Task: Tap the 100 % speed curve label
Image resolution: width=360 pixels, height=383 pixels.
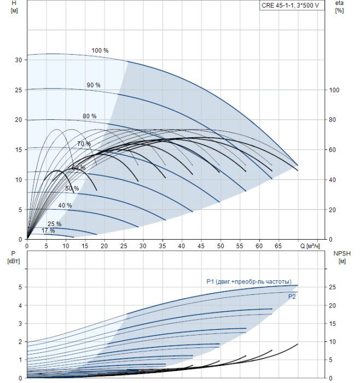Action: click(x=100, y=51)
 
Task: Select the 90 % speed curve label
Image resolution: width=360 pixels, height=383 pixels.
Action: click(x=94, y=85)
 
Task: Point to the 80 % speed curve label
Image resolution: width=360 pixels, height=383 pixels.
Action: click(x=89, y=116)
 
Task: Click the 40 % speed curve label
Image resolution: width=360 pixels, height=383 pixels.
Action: click(x=65, y=206)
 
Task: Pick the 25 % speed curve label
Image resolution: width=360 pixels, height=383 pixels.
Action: click(x=54, y=224)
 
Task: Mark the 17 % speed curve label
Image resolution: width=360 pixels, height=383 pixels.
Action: click(x=48, y=231)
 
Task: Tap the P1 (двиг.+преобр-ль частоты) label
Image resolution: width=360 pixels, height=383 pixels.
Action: click(x=248, y=282)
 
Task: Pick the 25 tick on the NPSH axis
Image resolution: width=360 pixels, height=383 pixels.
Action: click(x=332, y=287)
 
